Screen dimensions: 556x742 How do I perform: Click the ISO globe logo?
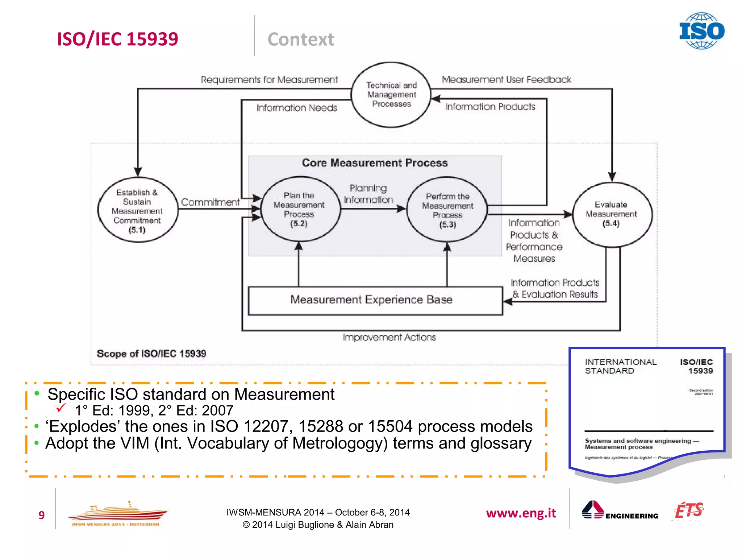click(x=701, y=31)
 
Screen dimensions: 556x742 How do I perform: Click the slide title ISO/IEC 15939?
click(x=118, y=39)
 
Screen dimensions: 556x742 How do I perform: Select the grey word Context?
click(x=301, y=39)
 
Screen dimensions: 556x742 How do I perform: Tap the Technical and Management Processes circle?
click(x=391, y=94)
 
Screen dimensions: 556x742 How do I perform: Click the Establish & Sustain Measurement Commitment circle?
click(x=137, y=210)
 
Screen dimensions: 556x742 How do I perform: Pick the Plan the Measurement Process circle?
click(x=299, y=209)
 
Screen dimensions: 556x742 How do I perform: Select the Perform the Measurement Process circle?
click(x=447, y=210)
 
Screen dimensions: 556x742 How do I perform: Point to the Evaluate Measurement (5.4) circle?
click(x=612, y=214)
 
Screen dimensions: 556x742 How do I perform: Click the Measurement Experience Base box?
click(x=375, y=300)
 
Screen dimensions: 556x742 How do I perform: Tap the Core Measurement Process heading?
click(x=375, y=163)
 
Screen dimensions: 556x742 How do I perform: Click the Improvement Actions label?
click(x=389, y=337)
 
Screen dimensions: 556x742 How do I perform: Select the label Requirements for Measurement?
click(x=269, y=80)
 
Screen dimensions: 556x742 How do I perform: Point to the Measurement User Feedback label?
click(x=506, y=80)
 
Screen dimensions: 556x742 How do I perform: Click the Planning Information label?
click(x=368, y=194)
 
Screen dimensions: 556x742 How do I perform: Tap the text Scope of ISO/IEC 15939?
click(x=151, y=354)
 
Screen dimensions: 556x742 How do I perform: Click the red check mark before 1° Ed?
click(x=61, y=408)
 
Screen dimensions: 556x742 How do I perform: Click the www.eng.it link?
click(x=521, y=513)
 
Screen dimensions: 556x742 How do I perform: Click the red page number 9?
click(x=41, y=515)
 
